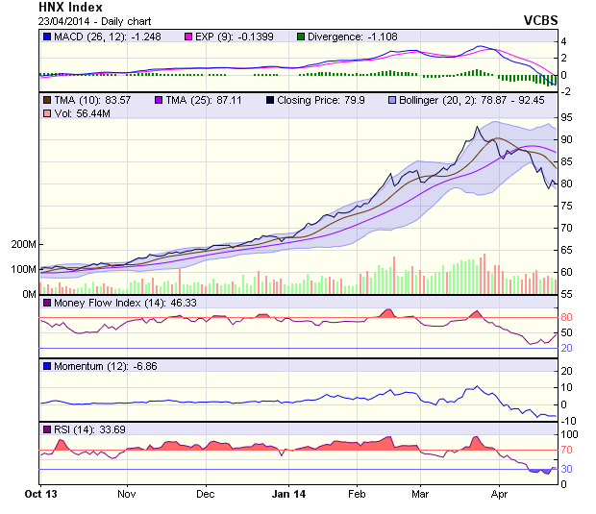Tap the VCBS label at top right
point(540,19)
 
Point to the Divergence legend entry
point(347,37)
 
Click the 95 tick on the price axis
point(568,116)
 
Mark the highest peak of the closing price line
point(478,128)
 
